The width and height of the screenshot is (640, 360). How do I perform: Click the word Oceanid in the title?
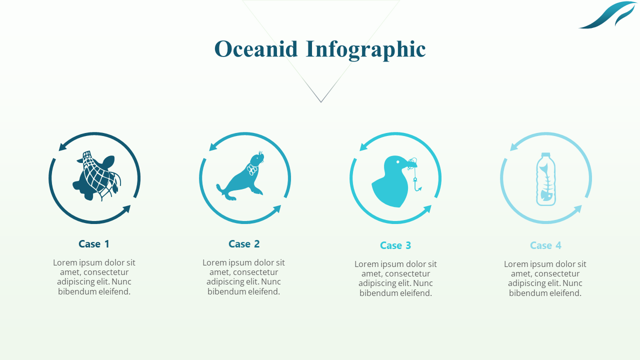click(255, 49)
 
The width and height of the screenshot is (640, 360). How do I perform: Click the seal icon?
click(241, 177)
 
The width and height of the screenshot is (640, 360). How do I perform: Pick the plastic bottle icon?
click(546, 179)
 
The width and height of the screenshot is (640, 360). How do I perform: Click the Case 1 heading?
click(94, 244)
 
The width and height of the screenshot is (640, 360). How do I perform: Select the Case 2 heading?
click(244, 244)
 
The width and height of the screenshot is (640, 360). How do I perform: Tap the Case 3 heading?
click(395, 245)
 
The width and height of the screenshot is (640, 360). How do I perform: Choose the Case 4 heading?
click(545, 245)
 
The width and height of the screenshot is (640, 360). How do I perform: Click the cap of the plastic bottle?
click(546, 155)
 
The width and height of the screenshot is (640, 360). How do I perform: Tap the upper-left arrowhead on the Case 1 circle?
click(63, 146)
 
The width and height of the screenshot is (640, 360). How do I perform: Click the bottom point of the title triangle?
click(321, 102)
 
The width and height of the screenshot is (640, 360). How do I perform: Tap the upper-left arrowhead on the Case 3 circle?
click(364, 146)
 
